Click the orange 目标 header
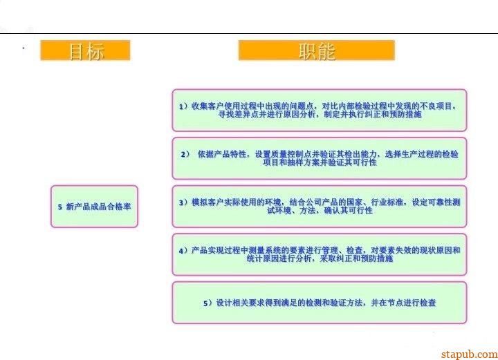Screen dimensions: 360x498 [x=86, y=50]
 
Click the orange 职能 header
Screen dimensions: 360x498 [x=317, y=50]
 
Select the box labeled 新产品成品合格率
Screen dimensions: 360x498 [x=94, y=206]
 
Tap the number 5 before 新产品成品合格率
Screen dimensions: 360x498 [x=60, y=207]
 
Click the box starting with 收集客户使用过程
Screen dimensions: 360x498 [x=319, y=110]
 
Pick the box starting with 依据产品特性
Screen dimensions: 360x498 [x=319, y=158]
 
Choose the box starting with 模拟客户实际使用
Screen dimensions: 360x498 [x=319, y=206]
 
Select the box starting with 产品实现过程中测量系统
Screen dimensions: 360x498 [x=319, y=254]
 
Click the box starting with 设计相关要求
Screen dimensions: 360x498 [x=319, y=303]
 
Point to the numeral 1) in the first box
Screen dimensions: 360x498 [x=183, y=106]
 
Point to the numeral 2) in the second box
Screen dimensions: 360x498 [x=185, y=154]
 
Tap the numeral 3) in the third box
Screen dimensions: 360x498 [x=183, y=202]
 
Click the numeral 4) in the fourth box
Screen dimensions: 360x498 [x=183, y=250]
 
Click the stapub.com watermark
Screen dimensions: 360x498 [x=468, y=354]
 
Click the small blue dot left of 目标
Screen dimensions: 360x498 [x=23, y=48]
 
